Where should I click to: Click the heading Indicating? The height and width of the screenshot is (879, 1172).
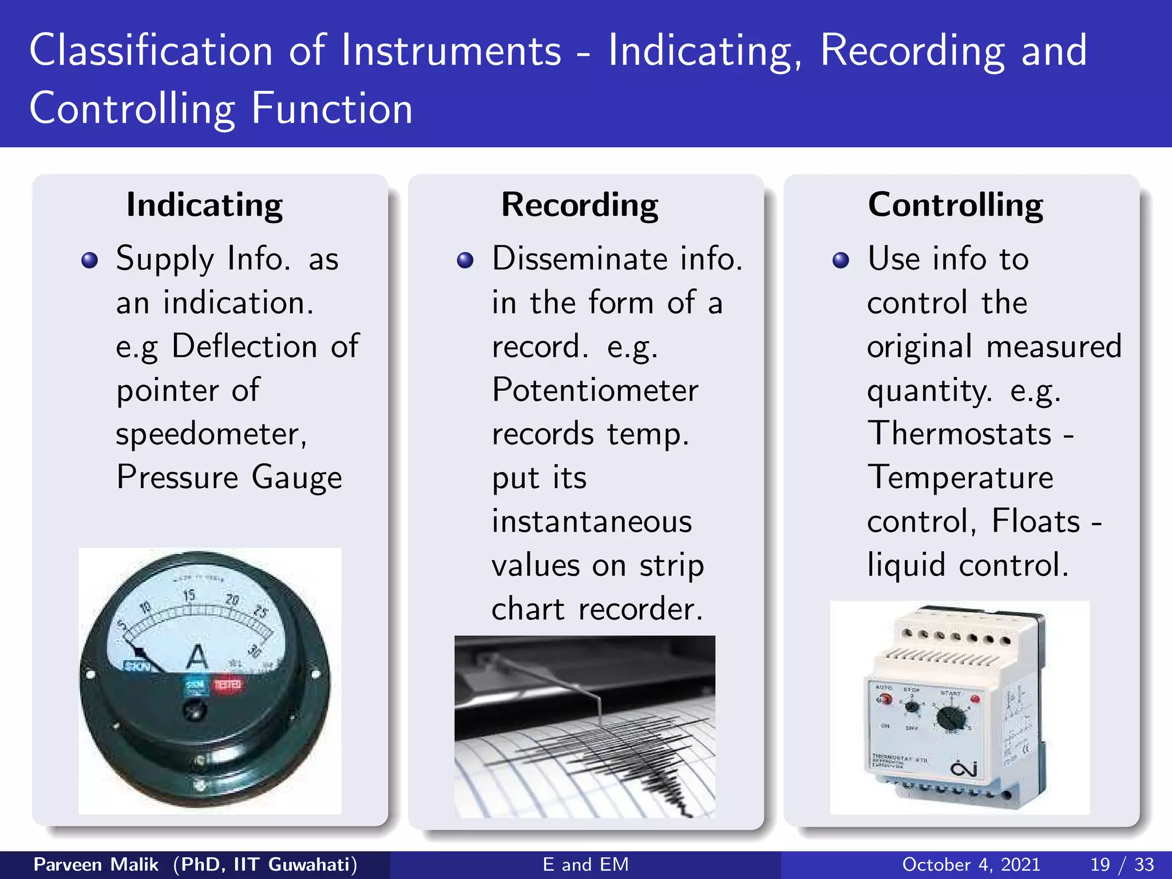click(x=204, y=205)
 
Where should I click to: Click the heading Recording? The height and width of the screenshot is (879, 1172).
click(x=580, y=205)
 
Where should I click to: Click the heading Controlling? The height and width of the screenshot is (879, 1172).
click(x=955, y=205)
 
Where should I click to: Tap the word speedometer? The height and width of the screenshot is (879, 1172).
click(x=211, y=434)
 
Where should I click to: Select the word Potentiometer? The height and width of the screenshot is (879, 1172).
click(x=595, y=390)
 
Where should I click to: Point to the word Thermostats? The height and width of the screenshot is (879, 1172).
click(x=960, y=433)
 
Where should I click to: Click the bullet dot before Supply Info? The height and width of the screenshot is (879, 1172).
click(x=90, y=261)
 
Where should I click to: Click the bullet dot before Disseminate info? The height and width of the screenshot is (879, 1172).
click(x=465, y=261)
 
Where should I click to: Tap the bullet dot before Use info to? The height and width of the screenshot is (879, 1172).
click(x=841, y=261)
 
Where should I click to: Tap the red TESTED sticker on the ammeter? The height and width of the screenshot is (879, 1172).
click(x=228, y=685)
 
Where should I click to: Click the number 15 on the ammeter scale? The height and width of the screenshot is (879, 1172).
click(x=189, y=596)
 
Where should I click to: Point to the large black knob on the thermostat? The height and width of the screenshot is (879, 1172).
click(x=951, y=717)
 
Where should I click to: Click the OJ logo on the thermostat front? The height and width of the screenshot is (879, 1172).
click(x=964, y=769)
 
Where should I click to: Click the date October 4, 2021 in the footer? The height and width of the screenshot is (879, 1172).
click(x=971, y=864)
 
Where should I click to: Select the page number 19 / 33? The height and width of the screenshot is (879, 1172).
click(x=1122, y=864)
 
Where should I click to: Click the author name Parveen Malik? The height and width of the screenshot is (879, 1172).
click(x=96, y=864)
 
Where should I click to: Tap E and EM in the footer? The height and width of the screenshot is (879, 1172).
click(x=585, y=864)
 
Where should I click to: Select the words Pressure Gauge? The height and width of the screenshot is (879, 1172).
click(x=229, y=478)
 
